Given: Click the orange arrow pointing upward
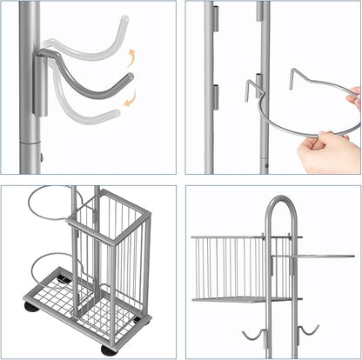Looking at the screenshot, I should [132, 57].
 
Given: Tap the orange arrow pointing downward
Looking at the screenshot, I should [131, 99].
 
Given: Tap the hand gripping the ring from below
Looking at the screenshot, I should [329, 153].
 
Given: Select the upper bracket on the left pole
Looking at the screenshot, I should [214, 18].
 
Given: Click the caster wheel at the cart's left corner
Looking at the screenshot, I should [31, 307].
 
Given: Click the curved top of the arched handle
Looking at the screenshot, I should [279, 202].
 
